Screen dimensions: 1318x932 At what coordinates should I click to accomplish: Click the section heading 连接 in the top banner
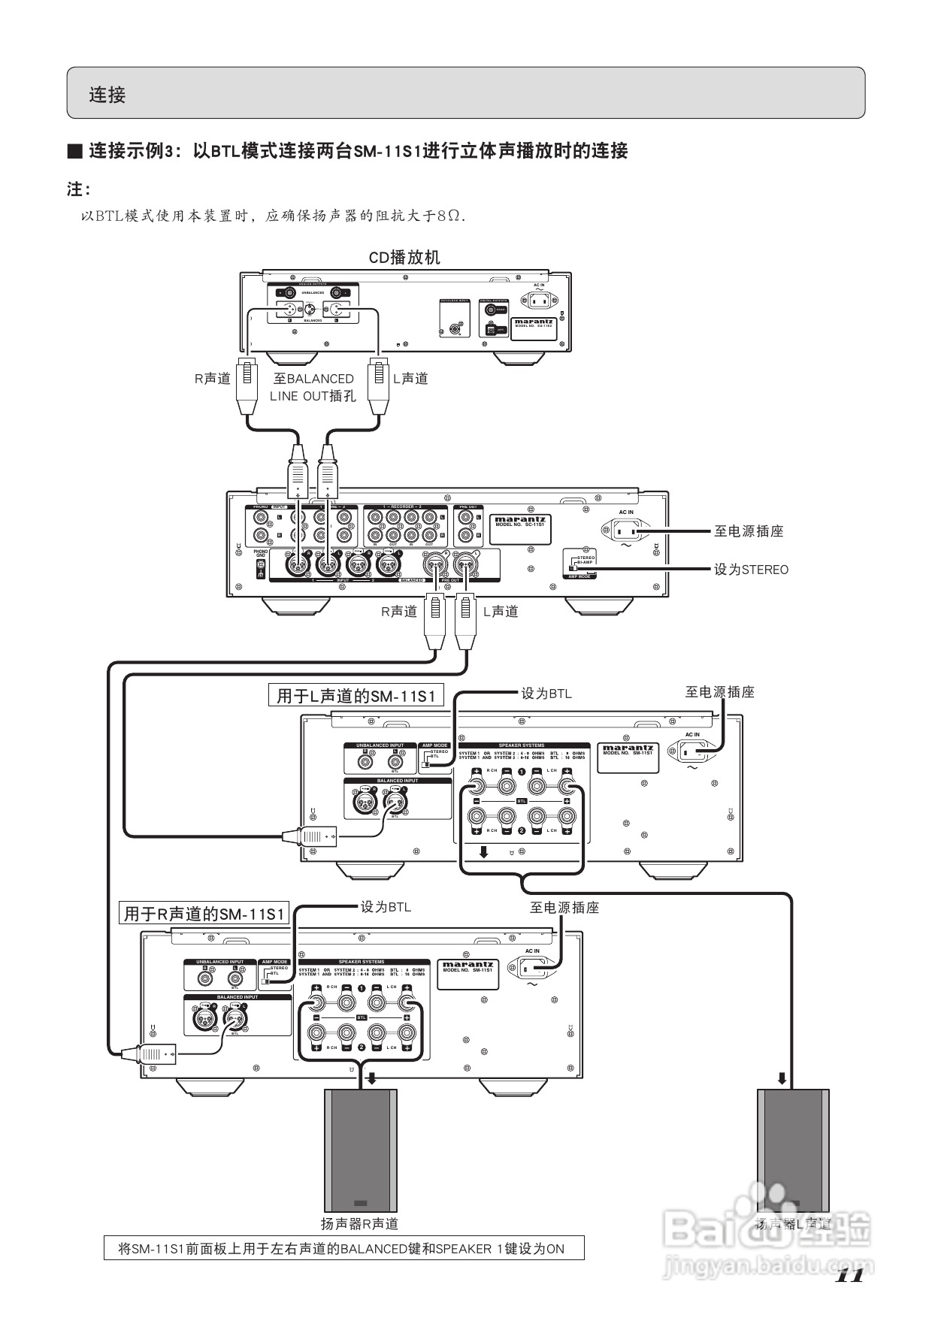tap(107, 95)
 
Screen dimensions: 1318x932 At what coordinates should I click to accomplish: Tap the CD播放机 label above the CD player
tap(404, 258)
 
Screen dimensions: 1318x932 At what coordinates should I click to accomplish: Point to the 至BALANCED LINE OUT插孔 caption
tap(313, 388)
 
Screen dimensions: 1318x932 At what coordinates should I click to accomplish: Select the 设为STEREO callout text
tap(751, 570)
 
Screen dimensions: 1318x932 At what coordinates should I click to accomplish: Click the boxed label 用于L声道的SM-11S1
tap(356, 696)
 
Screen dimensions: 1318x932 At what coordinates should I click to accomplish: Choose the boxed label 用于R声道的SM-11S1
tap(204, 914)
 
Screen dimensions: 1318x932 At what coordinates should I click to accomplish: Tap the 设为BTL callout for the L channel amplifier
tap(546, 694)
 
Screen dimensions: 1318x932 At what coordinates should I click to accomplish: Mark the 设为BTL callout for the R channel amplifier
tap(386, 907)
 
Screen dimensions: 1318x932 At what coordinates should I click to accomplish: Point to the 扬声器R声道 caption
tap(359, 1224)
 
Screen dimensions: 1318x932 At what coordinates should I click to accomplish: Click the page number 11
tap(849, 1274)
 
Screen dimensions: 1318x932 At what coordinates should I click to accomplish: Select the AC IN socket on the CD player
tap(539, 300)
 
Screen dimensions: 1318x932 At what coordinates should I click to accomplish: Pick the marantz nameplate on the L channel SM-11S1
tap(628, 757)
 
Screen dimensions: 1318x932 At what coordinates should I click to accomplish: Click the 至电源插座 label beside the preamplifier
tap(748, 531)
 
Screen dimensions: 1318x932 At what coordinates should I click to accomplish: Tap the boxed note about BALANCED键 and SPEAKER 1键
tap(343, 1249)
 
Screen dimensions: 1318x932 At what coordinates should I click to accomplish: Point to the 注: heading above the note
tap(78, 189)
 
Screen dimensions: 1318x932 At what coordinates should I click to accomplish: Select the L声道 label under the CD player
tap(410, 379)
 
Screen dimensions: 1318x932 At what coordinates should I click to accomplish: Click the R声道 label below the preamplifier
tap(398, 612)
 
